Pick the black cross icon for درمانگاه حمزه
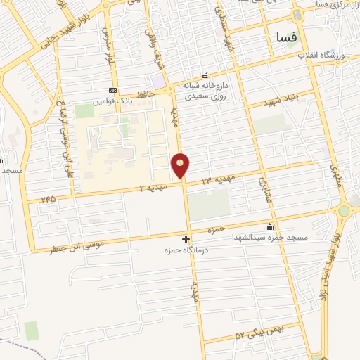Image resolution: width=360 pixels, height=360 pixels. [186, 240]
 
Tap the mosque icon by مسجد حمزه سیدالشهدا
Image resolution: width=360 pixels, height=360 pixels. [270, 227]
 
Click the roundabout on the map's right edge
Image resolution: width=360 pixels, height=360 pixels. [344, 210]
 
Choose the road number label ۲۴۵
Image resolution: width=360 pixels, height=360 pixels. [48, 198]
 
